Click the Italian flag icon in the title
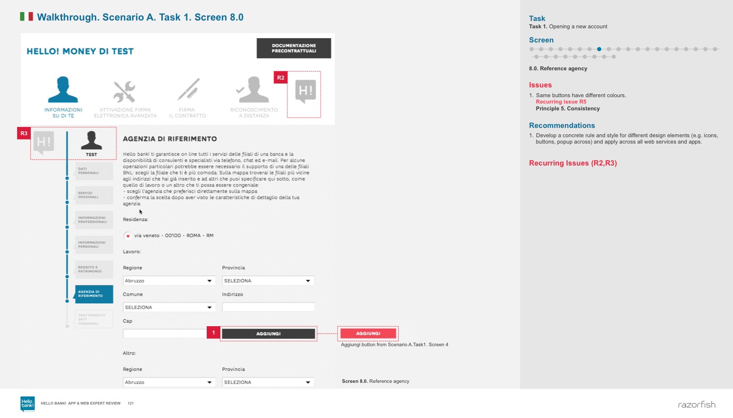pos(26,17)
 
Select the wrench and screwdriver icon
pos(125,91)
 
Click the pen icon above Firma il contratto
pos(188,89)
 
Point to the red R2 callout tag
pos(280,78)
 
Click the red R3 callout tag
pos(24,133)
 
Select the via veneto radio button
pos(128,236)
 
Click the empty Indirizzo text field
pos(268,307)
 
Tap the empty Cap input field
pos(165,334)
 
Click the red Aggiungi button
pos(368,334)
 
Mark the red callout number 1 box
pos(214,333)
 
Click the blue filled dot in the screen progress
pos(599,49)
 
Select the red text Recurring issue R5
pos(561,102)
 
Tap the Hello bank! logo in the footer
pos(27,403)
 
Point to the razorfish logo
pos(697,405)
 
